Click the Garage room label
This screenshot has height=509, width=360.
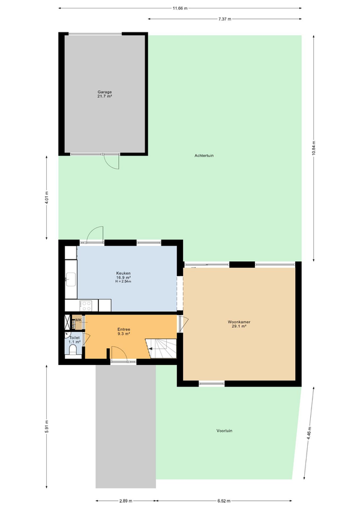[x=104, y=94]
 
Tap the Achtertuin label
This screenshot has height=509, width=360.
[x=204, y=155]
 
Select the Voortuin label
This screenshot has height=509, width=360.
[x=224, y=431]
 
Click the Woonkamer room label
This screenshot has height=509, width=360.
[x=239, y=324]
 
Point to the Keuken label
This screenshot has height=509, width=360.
[x=124, y=277]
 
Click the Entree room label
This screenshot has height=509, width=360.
[x=124, y=331]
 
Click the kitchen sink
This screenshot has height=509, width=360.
[x=71, y=279]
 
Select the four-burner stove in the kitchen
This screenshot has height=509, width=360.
[x=86, y=305]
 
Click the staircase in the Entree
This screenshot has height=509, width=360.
[x=161, y=348]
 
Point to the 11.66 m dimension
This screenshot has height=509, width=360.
[x=180, y=8]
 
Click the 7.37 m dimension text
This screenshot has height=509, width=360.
[x=224, y=19]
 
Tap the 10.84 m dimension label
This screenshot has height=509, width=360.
[x=314, y=148]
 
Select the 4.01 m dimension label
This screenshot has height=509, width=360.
[x=46, y=197]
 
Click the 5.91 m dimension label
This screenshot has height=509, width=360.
[x=46, y=426]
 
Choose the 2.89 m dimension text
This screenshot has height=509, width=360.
[x=125, y=501]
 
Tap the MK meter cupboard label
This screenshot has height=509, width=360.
[x=78, y=320]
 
